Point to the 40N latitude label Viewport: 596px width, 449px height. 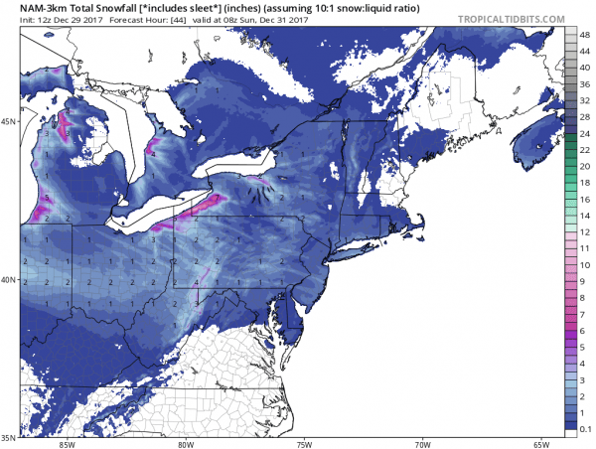(9, 280)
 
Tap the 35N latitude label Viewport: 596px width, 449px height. (9, 436)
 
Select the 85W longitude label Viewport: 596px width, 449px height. (67, 443)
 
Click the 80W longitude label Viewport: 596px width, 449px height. (185, 443)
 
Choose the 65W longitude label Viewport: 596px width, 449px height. (540, 443)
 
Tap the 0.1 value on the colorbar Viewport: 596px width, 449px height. (586, 427)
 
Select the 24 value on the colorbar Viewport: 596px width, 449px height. (586, 133)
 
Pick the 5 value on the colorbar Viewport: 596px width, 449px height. (586, 347)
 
